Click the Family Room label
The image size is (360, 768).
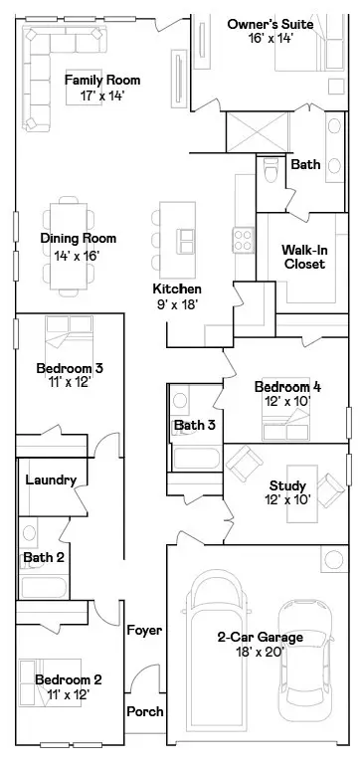click(101, 81)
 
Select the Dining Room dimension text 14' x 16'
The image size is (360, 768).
click(78, 256)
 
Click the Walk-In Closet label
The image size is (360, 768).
click(304, 256)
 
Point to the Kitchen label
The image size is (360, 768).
click(177, 288)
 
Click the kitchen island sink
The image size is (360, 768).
click(187, 240)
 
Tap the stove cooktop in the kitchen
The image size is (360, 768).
click(243, 239)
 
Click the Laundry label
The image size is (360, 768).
click(51, 480)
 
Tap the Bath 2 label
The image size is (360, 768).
click(44, 557)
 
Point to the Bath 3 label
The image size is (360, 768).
click(195, 425)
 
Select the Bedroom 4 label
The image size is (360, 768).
click(287, 387)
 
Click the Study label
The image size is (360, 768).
click(287, 485)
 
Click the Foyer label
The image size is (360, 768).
click(144, 631)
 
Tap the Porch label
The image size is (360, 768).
click(144, 711)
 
